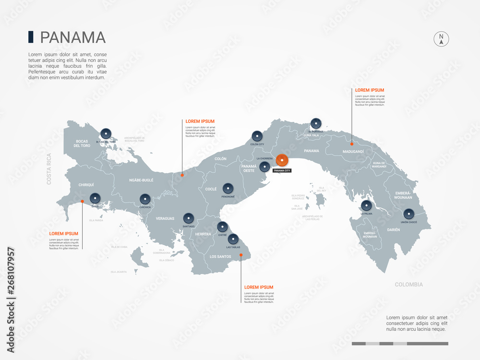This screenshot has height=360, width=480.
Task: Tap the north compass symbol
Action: pyautogui.click(x=441, y=39)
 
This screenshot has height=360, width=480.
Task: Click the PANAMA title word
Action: pyautogui.click(x=72, y=37)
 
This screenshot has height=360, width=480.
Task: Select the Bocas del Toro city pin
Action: pyautogui.click(x=106, y=133)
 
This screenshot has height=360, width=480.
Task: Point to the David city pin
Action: pyautogui.click(x=95, y=197)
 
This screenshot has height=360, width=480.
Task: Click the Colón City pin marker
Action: pyautogui.click(x=257, y=135)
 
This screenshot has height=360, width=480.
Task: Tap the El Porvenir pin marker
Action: pyautogui.click(x=315, y=123)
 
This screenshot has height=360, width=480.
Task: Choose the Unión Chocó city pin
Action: pyautogui.click(x=408, y=214)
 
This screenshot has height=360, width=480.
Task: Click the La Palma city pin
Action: pyautogui.click(x=366, y=205)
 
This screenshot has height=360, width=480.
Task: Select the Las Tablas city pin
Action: pyautogui.click(x=233, y=239)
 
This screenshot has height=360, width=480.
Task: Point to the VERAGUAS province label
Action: pyautogui.click(x=165, y=218)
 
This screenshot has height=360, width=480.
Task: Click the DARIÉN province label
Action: pyautogui.click(x=393, y=230)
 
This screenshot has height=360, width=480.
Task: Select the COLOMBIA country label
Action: pyautogui.click(x=408, y=285)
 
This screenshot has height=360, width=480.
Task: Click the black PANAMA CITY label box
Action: pyautogui.click(x=281, y=170)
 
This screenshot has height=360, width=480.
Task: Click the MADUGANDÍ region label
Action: pyautogui.click(x=353, y=152)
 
